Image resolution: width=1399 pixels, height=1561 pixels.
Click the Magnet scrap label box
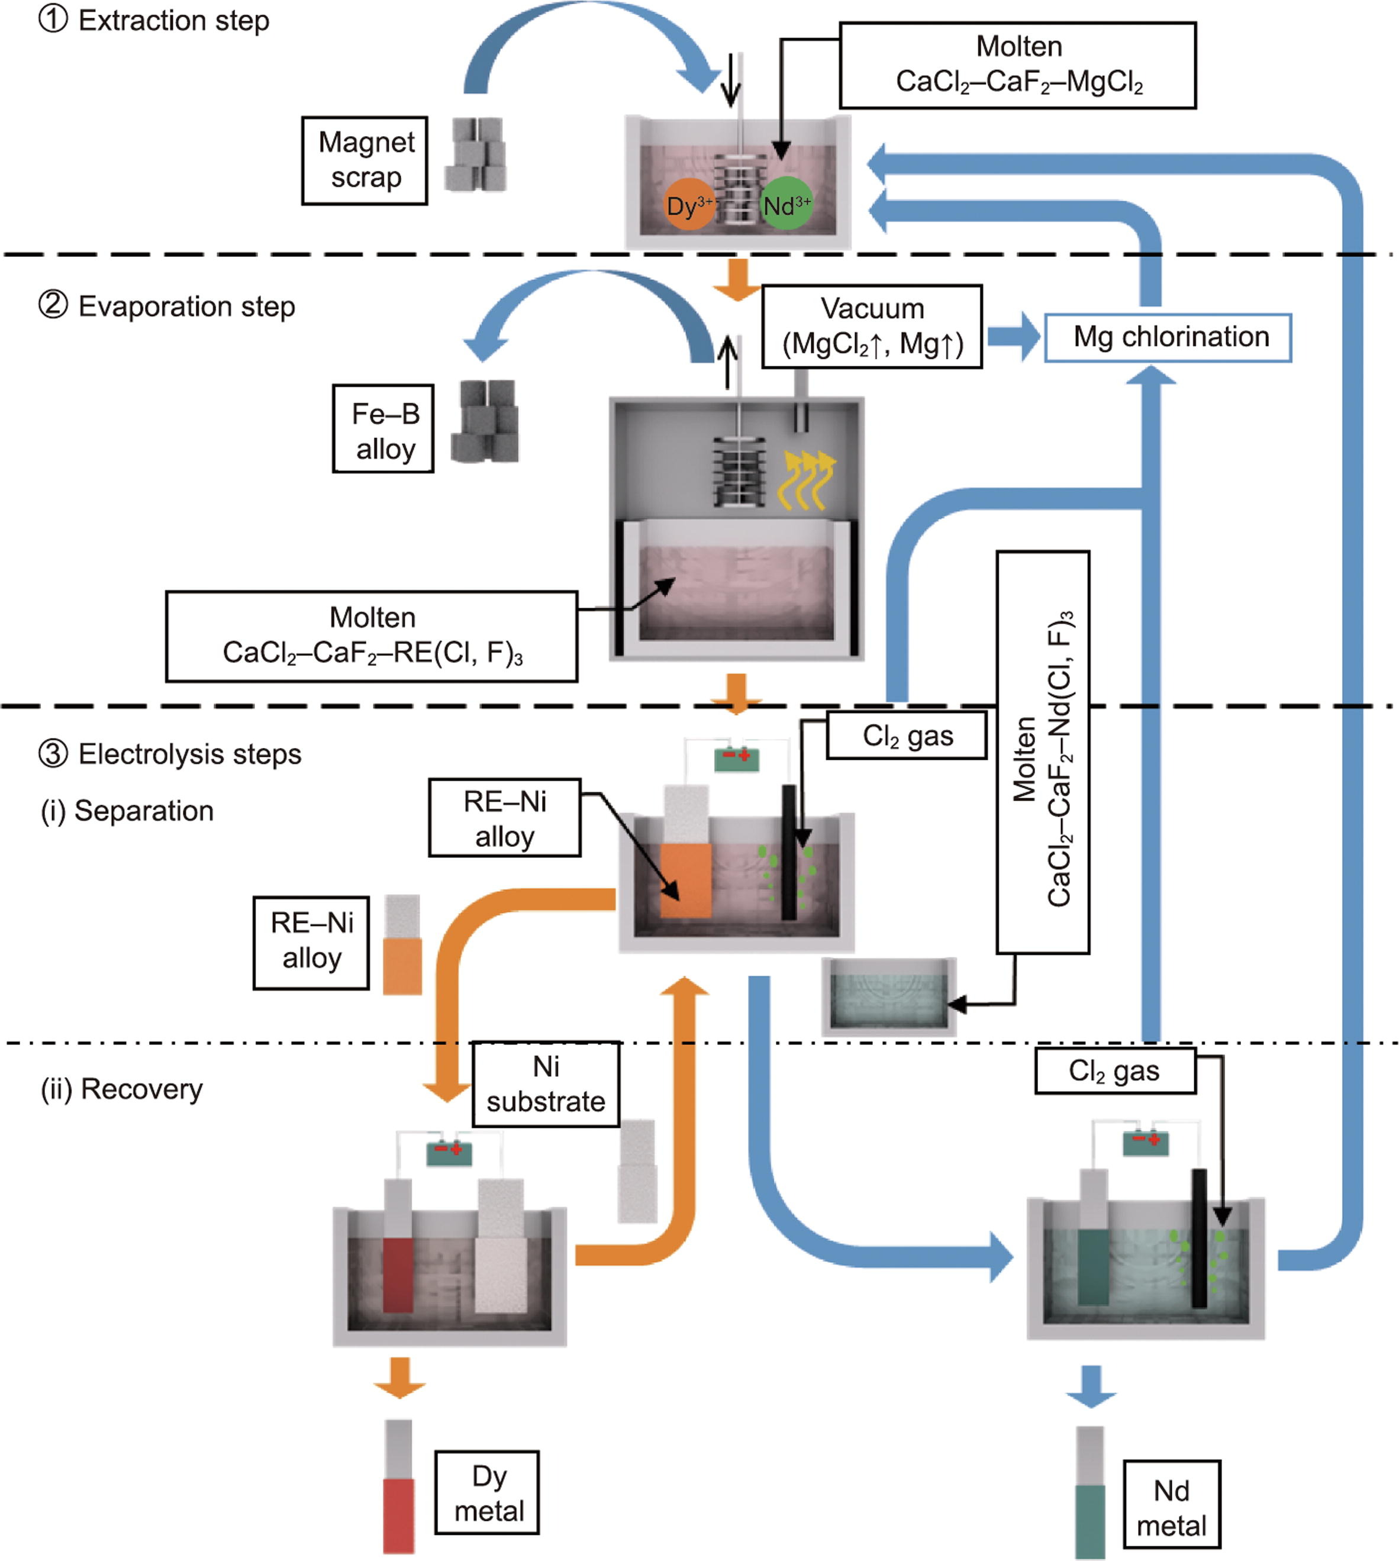pos(365,160)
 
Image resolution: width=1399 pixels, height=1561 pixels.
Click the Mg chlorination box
pos(1168,337)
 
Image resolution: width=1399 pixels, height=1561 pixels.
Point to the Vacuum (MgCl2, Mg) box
pos(872,327)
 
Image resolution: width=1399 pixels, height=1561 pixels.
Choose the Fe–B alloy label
pos(383,429)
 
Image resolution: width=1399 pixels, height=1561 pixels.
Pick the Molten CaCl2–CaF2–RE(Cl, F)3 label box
pos(372,636)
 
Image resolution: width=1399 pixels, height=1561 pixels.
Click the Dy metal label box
pos(488,1492)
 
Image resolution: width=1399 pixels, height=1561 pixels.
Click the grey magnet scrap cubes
pos(476,155)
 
